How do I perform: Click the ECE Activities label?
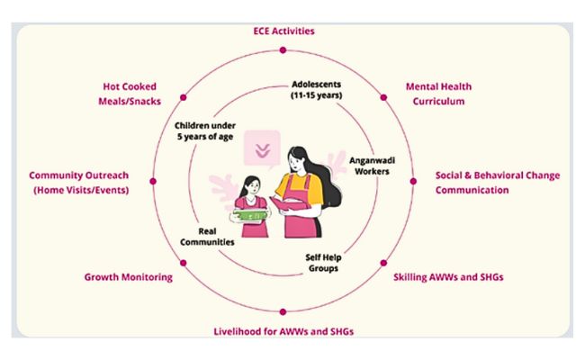[x=283, y=31]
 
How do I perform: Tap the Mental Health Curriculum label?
[x=438, y=94]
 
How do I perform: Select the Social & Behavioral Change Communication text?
[x=498, y=183]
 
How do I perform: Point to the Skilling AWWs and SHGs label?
[x=448, y=277]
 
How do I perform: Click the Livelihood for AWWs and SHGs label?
[x=283, y=331]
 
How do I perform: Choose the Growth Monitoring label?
[x=129, y=277]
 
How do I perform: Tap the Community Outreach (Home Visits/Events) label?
[x=79, y=183]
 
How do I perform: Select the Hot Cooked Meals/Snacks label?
[x=130, y=94]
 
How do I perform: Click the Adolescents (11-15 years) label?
[x=317, y=90]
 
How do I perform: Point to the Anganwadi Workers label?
[x=372, y=166]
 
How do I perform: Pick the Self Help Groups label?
[x=323, y=263]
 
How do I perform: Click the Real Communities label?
[x=207, y=237]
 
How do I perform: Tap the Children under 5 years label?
[x=205, y=130]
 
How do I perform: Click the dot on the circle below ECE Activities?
[x=283, y=50]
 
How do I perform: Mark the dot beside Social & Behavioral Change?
[x=413, y=181]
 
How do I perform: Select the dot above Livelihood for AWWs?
[x=283, y=312]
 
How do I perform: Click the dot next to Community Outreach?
[x=153, y=181]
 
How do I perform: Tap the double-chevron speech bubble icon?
[x=262, y=149]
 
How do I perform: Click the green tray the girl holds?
[x=250, y=215]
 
